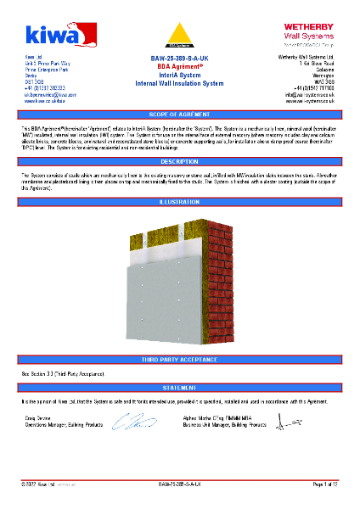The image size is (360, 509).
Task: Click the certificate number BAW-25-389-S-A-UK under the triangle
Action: pos(179,59)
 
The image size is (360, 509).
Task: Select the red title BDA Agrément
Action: pos(179,66)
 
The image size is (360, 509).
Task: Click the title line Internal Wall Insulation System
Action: pos(179,84)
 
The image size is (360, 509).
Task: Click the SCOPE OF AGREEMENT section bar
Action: pos(179,114)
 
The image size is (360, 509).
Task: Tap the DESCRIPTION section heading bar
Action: pos(179,161)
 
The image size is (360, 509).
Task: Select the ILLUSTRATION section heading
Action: pos(179,202)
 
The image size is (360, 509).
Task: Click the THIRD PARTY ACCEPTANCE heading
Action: pos(179,361)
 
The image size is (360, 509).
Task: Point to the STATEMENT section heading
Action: pos(179,387)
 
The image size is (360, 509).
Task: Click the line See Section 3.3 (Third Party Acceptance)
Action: pos(61,373)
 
